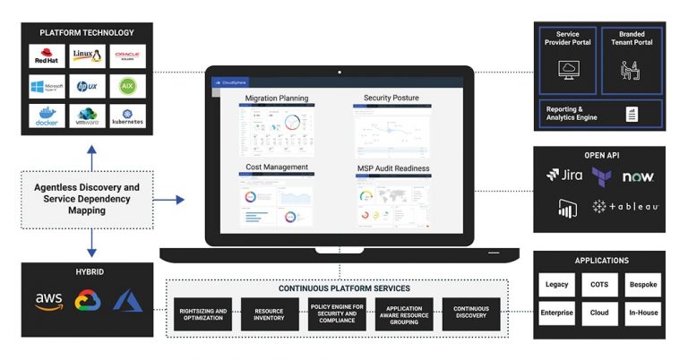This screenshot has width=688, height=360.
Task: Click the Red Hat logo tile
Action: (46, 56)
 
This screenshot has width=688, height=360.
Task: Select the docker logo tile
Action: (46, 116)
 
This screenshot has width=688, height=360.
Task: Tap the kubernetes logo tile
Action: (128, 116)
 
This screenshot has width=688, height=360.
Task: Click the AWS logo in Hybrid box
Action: (48, 301)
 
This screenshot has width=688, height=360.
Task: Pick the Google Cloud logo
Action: (87, 301)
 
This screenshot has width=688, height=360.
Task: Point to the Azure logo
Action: (128, 301)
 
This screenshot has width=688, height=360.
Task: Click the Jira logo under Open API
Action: (564, 176)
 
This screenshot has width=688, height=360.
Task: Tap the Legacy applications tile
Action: (556, 285)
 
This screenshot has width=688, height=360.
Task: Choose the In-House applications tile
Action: (642, 314)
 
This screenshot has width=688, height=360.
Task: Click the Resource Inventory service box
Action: (268, 314)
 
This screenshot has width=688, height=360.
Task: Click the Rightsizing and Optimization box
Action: (202, 314)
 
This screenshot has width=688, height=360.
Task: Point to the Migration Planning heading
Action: (277, 98)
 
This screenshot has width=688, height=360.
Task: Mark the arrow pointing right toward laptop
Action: (175, 199)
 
